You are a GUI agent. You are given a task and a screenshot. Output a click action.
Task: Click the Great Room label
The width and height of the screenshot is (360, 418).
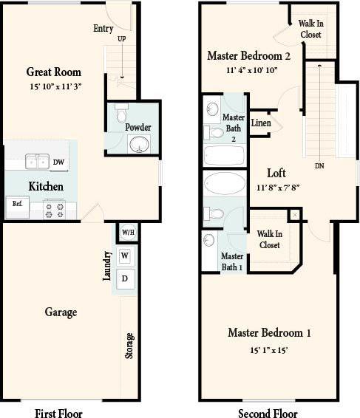(53, 72)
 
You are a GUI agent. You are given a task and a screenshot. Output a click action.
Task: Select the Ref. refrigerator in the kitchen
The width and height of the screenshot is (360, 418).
(16, 204)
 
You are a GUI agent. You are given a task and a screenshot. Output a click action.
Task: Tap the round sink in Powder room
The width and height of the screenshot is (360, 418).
(137, 145)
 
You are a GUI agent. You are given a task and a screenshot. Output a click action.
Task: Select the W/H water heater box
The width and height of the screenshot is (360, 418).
(128, 233)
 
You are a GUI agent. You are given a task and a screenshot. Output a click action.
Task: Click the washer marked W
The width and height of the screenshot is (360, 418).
(125, 256)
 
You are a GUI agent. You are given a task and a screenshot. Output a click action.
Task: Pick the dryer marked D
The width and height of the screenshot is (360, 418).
(125, 278)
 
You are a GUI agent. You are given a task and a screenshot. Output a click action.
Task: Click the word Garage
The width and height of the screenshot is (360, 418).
(61, 312)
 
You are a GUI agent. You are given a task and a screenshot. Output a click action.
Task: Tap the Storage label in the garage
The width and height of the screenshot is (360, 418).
(129, 346)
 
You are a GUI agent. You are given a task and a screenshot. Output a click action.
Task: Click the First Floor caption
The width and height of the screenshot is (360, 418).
(58, 413)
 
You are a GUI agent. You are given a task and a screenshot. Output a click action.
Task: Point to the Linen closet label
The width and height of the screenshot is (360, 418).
(261, 124)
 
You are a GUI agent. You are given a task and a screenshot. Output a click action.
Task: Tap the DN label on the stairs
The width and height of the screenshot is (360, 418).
(319, 166)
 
